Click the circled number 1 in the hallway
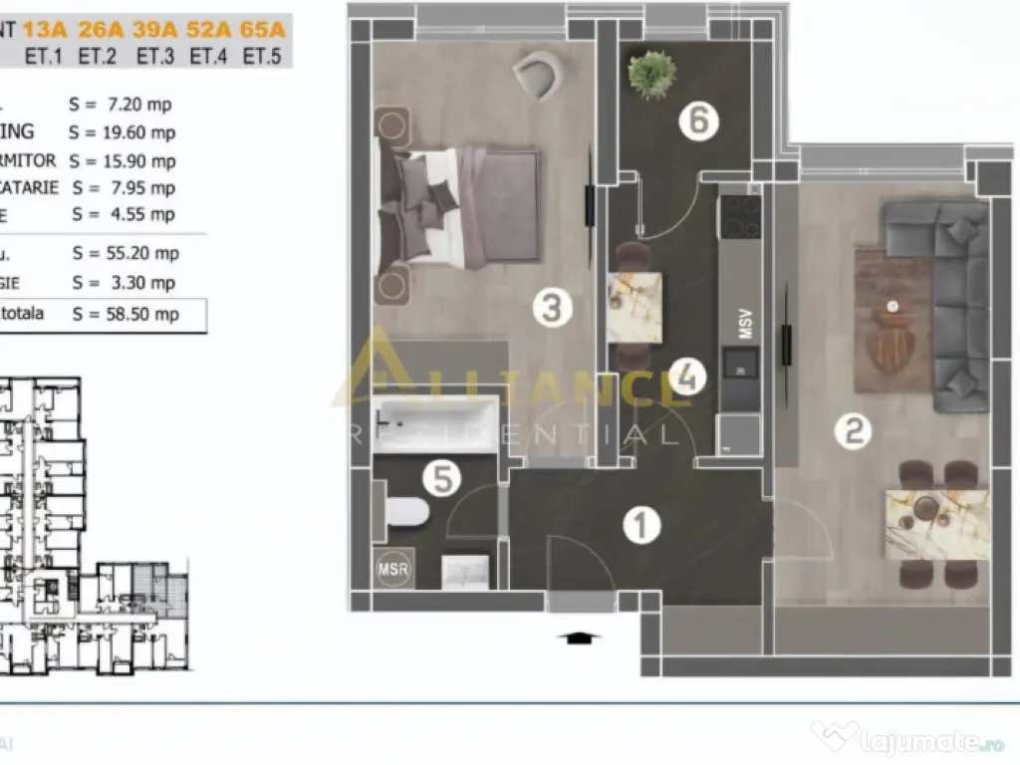tap(642, 525)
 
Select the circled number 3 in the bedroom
tap(552, 307)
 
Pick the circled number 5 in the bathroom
tap(441, 480)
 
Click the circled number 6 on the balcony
tap(698, 121)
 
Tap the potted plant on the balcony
tap(652, 75)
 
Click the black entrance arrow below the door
tap(579, 638)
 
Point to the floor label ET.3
tap(156, 57)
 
